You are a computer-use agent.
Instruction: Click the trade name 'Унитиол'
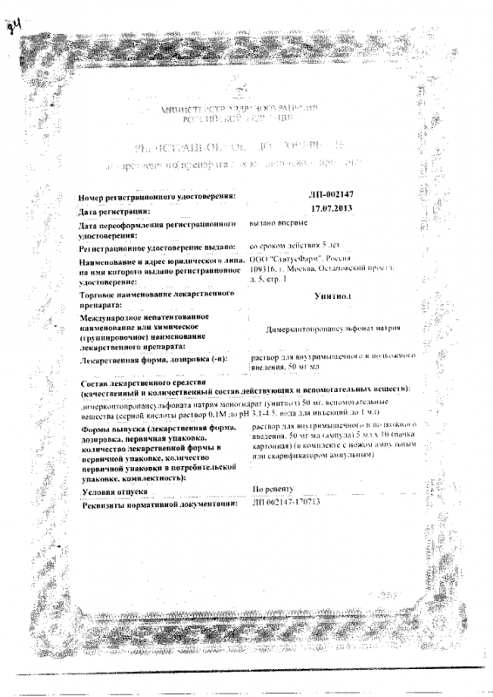click(x=330, y=298)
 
